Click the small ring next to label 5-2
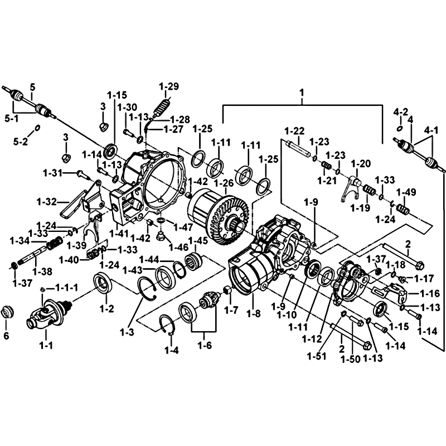tap(37, 128)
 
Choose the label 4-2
tap(401, 111)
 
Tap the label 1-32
tap(47, 201)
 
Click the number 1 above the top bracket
tap(302, 91)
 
